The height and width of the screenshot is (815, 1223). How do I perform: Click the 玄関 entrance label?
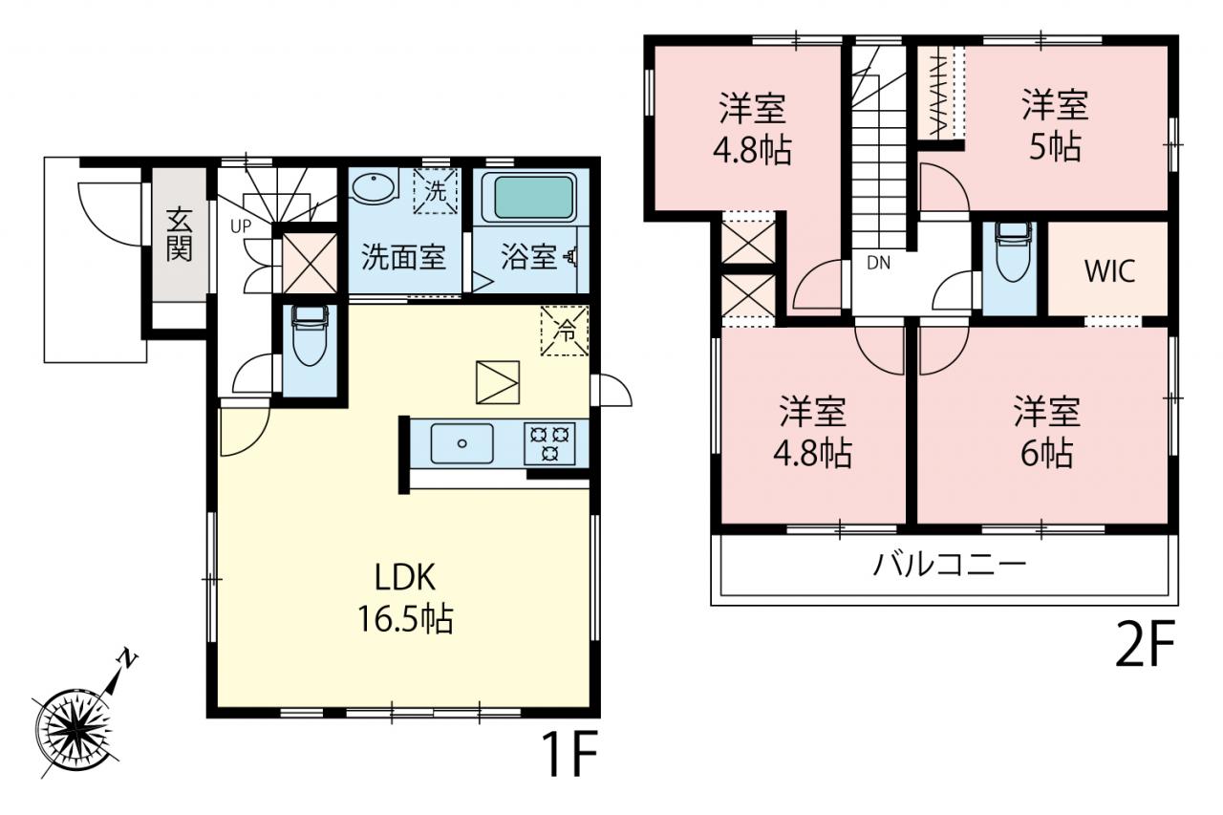pos(179,235)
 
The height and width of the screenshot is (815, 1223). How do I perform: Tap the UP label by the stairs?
pos(241,226)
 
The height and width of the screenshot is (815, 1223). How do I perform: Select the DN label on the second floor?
pos(878,263)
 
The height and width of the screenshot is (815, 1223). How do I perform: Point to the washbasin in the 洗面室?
pos(373,188)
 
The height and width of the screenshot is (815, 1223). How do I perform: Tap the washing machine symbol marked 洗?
pos(435,191)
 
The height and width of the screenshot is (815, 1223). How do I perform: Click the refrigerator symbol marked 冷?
pos(565,331)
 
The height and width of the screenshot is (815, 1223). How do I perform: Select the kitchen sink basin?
pos(461,443)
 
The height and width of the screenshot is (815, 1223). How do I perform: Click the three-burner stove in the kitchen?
pos(549,443)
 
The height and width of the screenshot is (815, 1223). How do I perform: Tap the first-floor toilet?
pos(310,335)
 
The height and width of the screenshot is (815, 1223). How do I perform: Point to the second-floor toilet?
pos(1014,251)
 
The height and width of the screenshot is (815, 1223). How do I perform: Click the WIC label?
pos(1109,270)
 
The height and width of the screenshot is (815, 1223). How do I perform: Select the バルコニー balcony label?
pos(949,566)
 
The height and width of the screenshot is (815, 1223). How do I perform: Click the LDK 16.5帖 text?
pos(405,599)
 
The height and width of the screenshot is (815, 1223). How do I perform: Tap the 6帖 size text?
pos(1046,453)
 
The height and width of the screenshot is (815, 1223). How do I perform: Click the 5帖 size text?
pos(1055,147)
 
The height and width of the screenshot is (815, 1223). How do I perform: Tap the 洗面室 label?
pos(404,257)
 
